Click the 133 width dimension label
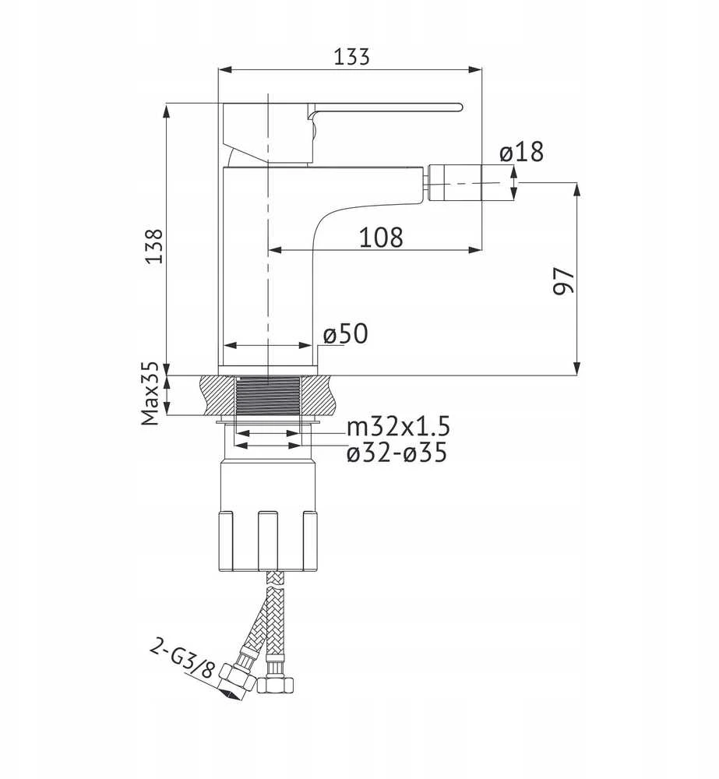coord(351,57)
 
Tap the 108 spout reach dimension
coord(381,238)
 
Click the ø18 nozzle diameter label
coord(521,152)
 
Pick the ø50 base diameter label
coord(346,334)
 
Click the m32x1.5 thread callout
coord(398,427)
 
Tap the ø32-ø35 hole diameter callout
coord(397,453)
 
